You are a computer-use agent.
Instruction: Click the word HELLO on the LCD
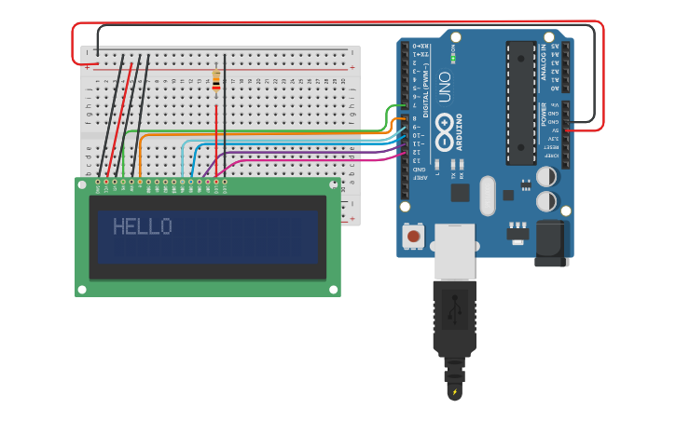coord(142,226)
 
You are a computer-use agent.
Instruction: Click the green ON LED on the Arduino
coord(452,58)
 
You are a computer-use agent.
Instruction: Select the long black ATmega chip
coord(520,102)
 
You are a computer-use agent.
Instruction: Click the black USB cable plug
coord(454,317)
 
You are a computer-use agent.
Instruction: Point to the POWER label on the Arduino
coord(545,115)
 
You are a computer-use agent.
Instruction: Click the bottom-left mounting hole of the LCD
coord(82,290)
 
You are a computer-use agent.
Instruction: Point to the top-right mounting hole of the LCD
coord(334,184)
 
